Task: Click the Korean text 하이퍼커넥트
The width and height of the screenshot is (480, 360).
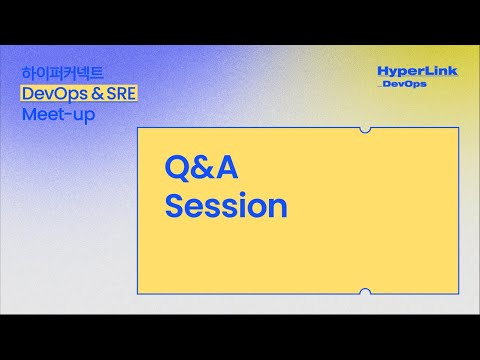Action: pyautogui.click(x=62, y=74)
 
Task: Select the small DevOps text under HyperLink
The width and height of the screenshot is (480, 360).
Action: pyautogui.click(x=406, y=84)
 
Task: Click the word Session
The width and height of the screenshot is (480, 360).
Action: pyautogui.click(x=226, y=206)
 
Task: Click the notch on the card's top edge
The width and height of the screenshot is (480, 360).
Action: pyautogui.click(x=365, y=129)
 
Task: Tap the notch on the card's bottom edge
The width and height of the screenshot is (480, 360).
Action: pyautogui.click(x=365, y=292)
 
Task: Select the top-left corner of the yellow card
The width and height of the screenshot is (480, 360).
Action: pyautogui.click(x=138, y=129)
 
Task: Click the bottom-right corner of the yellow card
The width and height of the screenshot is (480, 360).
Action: pyautogui.click(x=458, y=292)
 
